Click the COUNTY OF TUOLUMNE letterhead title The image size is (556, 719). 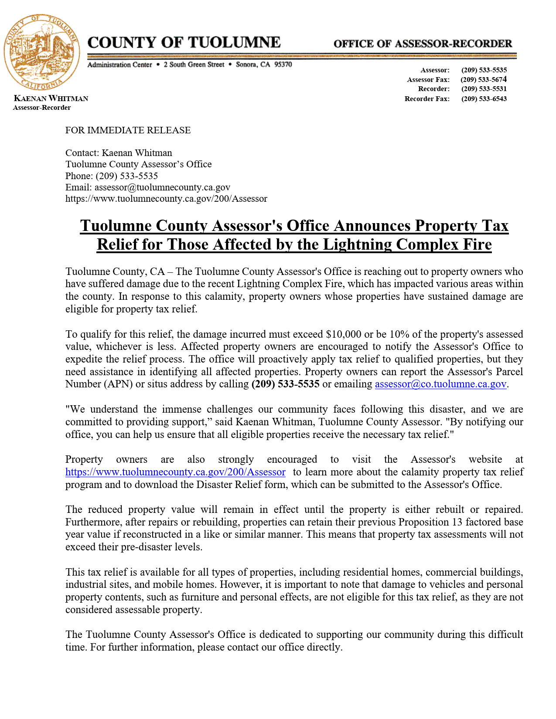[x=184, y=43]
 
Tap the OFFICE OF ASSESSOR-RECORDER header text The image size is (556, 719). [x=423, y=44]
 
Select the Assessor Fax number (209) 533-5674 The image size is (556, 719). [x=484, y=79]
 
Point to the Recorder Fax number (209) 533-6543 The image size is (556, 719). [x=484, y=98]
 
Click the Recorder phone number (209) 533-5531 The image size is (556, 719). [x=484, y=89]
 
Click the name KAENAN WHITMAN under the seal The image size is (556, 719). [x=51, y=98]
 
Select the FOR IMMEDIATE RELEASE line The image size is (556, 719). [x=128, y=130]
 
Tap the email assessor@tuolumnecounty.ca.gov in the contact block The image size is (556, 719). [x=162, y=187]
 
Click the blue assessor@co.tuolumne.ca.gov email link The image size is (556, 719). [x=440, y=384]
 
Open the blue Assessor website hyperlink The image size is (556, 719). [x=175, y=472]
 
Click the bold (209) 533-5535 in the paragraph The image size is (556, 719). [x=285, y=384]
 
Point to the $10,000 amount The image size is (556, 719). [x=343, y=334]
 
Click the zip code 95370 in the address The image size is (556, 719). [x=283, y=64]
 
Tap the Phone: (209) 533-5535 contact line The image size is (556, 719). [x=112, y=176]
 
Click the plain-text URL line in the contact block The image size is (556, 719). [x=166, y=199]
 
